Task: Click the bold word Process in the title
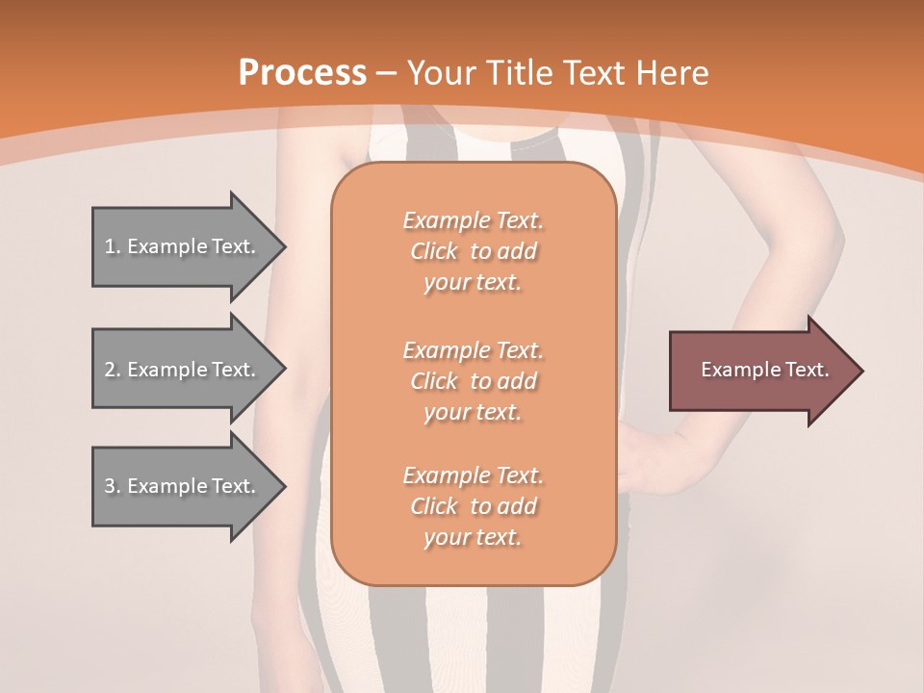pos(302,72)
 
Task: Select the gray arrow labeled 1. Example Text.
pos(183,246)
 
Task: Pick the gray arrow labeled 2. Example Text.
pos(183,370)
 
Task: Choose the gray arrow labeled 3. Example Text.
pos(183,486)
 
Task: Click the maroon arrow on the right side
pos(760,371)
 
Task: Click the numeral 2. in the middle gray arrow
pos(112,370)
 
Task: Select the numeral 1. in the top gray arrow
pos(112,246)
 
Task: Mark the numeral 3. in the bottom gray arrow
pos(112,486)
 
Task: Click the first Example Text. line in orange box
pos(473,220)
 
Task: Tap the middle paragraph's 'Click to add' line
pos(473,381)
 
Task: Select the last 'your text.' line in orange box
pos(473,537)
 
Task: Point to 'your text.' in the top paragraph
pos(473,282)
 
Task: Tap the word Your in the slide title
pos(441,72)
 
